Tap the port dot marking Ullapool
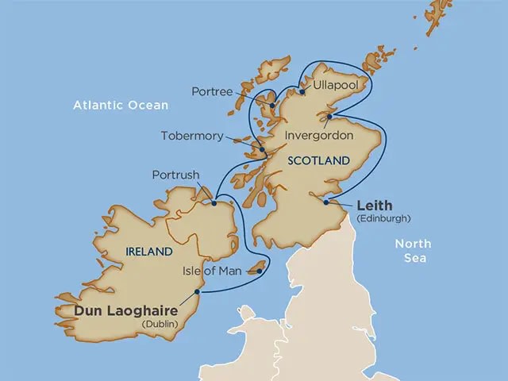(302, 102)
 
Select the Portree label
(212, 92)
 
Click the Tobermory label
(192, 136)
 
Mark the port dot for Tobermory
(261, 149)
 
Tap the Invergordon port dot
(329, 117)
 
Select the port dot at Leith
(326, 202)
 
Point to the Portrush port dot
(214, 203)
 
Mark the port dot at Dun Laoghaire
(197, 292)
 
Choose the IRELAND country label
(149, 252)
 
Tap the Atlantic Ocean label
(121, 105)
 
